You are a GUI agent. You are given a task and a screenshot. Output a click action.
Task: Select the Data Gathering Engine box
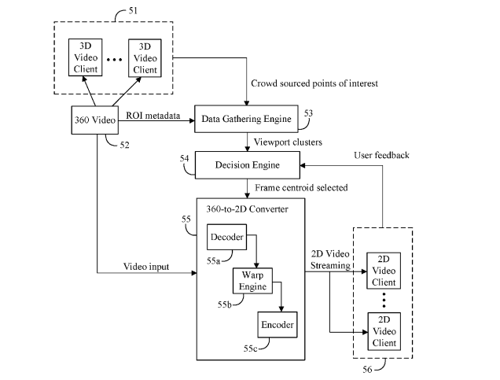[246, 120]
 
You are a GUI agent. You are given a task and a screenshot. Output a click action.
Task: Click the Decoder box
[226, 237]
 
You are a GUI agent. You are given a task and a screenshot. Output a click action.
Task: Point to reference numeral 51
[122, 12]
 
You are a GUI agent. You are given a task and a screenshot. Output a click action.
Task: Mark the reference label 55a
[215, 258]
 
